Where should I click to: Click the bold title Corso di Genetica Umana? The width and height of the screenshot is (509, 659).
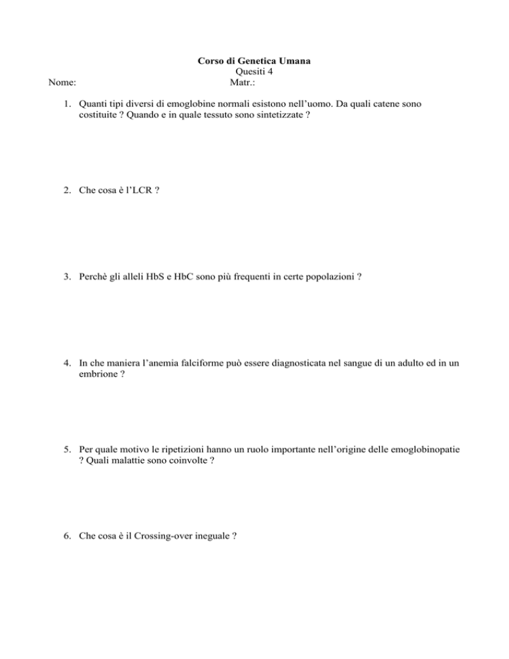pyautogui.click(x=255, y=62)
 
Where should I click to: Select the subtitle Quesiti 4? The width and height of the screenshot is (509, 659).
pyautogui.click(x=255, y=73)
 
